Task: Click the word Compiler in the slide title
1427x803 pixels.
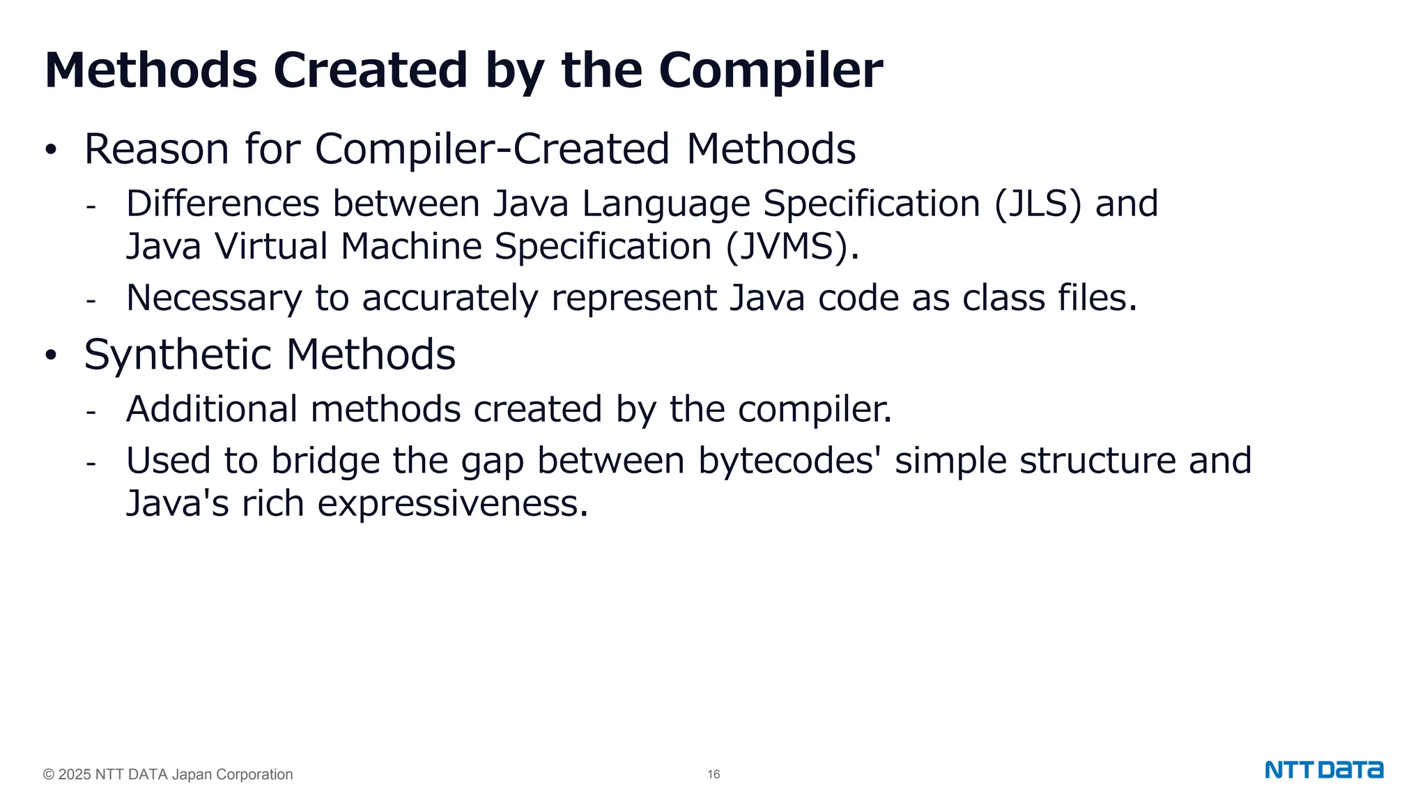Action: coord(770,70)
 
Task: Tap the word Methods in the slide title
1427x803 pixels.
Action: coord(151,70)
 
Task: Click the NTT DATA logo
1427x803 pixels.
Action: coord(1324,770)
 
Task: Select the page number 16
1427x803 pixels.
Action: coord(713,774)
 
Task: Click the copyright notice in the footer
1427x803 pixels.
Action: coord(168,774)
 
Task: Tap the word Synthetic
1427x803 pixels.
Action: coord(178,355)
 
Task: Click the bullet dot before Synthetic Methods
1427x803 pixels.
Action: coord(50,355)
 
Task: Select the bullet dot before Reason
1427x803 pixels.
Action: coord(50,150)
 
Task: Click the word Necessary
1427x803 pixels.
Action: coord(214,298)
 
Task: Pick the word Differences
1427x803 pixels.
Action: coord(222,204)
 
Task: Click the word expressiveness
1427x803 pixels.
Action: coord(448,503)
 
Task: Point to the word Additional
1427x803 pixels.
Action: coord(212,409)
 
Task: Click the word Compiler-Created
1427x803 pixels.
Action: coord(492,149)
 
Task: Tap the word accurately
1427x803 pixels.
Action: coord(450,298)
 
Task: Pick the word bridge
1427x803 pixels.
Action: coord(325,461)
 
